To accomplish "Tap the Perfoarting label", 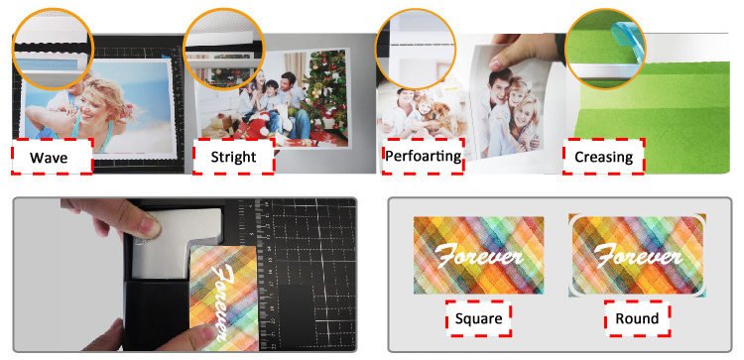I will [x=423, y=157].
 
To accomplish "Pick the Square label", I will [x=480, y=318].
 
